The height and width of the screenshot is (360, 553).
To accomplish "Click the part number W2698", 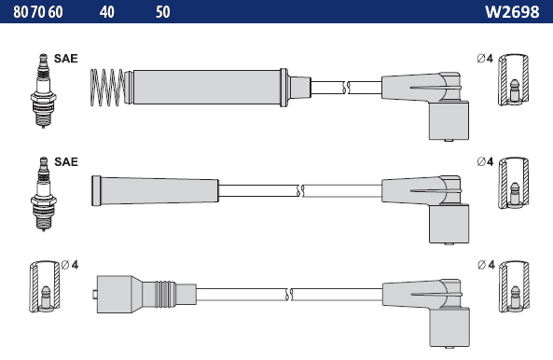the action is click(512, 12).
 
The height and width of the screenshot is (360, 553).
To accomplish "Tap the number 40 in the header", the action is click(107, 12).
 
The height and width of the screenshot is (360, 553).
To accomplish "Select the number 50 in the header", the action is click(163, 12).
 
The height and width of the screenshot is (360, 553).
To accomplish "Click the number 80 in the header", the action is click(21, 12).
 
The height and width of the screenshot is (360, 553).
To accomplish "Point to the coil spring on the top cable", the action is click(107, 88).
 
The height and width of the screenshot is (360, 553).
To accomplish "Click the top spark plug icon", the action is click(44, 90).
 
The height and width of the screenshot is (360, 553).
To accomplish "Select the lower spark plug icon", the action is click(44, 194).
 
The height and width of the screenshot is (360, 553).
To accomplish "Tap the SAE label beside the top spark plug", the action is click(66, 59).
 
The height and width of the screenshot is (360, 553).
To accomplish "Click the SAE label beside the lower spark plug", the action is click(66, 162).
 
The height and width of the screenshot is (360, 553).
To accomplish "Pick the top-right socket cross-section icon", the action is click(514, 80).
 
